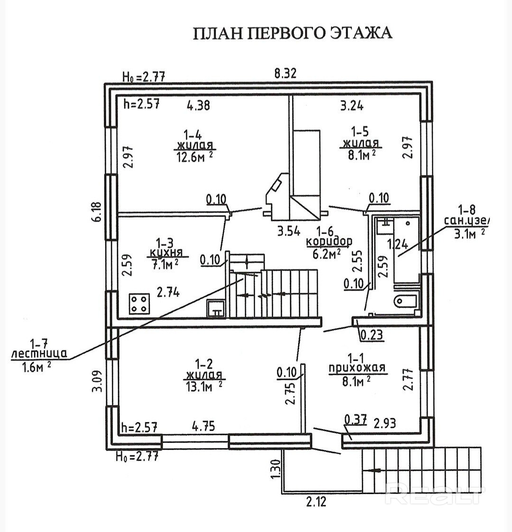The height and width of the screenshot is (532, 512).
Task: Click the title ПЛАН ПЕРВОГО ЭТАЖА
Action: (x=293, y=33)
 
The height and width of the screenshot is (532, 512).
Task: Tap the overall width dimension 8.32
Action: (x=285, y=73)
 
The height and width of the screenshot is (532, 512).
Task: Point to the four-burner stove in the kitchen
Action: (x=140, y=303)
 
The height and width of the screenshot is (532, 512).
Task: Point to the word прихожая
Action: (x=357, y=368)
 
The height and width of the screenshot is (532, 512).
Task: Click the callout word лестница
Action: (x=39, y=353)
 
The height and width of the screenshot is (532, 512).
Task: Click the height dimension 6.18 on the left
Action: (x=97, y=212)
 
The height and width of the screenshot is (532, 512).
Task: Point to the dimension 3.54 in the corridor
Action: (x=289, y=232)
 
